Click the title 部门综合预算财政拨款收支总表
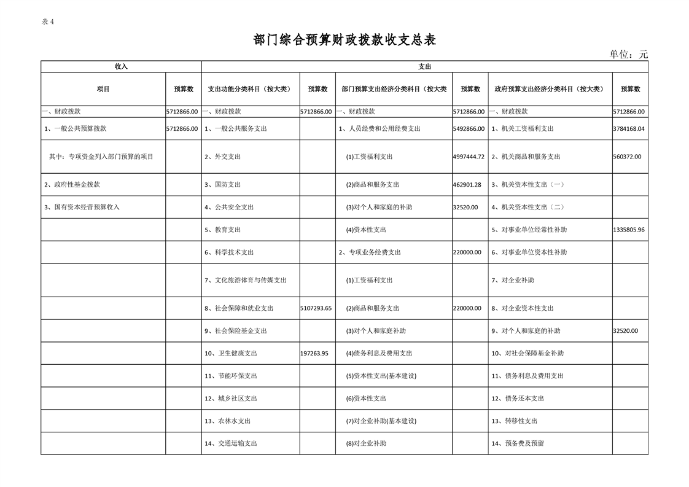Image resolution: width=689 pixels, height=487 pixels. click(344, 40)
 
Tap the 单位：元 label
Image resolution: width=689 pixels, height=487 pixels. click(628, 54)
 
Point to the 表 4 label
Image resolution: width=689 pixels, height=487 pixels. click(48, 21)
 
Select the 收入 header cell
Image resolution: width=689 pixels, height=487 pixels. click(121, 66)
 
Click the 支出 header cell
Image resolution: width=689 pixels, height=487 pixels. click(424, 66)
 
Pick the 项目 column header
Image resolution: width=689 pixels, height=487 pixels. click(103, 89)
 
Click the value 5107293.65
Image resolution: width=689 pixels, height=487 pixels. click(317, 308)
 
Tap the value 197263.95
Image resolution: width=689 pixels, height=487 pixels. click(315, 353)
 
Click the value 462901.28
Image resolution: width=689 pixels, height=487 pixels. click(467, 184)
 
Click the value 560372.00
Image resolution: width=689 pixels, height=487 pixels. click(627, 157)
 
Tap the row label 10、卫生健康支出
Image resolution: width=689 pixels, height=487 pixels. click(231, 353)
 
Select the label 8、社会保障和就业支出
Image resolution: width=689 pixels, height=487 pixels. click(239, 308)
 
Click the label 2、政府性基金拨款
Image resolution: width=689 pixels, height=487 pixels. click(72, 184)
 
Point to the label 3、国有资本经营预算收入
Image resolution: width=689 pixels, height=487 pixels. click(82, 207)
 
